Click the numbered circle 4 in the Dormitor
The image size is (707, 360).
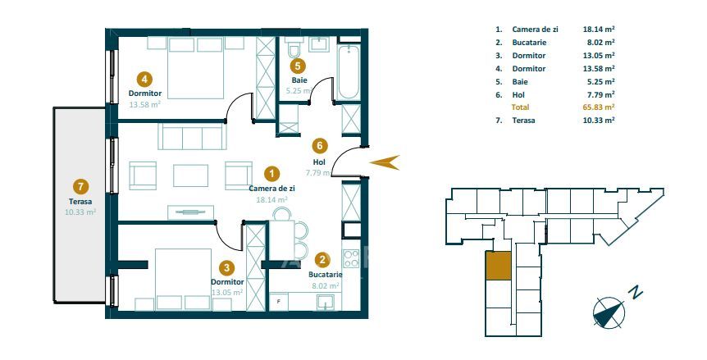(x=145, y=79)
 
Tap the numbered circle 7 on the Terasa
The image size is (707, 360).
(x=80, y=186)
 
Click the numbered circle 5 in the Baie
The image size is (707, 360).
(x=299, y=66)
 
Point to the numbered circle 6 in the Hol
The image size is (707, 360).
(x=321, y=146)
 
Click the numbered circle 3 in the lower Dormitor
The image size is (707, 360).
(x=227, y=267)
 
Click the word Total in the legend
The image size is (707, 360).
(x=520, y=107)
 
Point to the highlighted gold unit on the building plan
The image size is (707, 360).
(x=497, y=267)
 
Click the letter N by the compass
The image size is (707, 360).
(x=634, y=291)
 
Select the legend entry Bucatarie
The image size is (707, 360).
(x=529, y=42)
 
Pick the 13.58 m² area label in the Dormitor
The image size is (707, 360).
(x=144, y=104)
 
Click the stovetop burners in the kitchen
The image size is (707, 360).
(x=351, y=259)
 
